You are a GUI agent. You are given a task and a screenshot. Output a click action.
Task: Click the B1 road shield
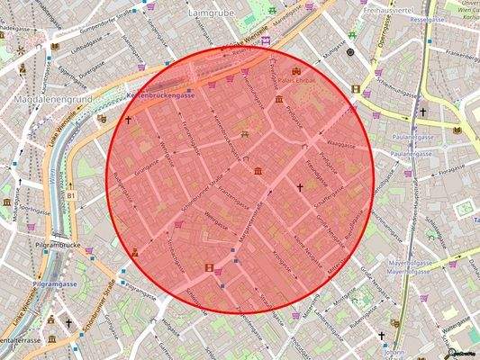[x=71, y=195]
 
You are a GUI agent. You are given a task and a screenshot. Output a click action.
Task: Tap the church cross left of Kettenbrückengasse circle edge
[x=128, y=119]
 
